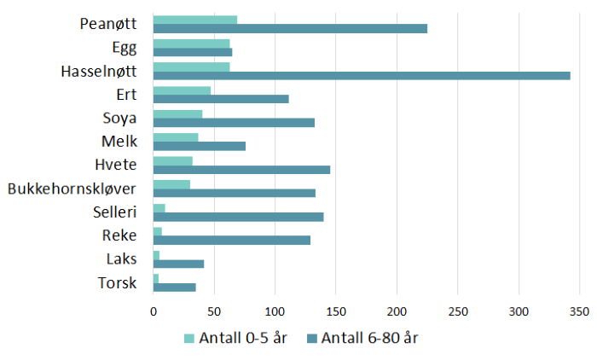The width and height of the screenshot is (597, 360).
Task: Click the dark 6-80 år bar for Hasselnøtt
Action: pyautogui.click(x=362, y=76)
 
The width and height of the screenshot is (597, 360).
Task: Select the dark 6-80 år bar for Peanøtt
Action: pyautogui.click(x=290, y=28)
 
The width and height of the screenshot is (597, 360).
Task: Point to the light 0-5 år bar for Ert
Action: pyautogui.click(x=182, y=90)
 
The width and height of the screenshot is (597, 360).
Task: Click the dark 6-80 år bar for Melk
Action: pyautogui.click(x=199, y=146)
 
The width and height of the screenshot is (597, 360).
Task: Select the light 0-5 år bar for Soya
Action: pyautogui.click(x=177, y=113)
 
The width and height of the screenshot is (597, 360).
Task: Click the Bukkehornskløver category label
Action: pyautogui.click(x=72, y=189)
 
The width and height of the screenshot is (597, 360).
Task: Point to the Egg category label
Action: pyautogui.click(x=125, y=48)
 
